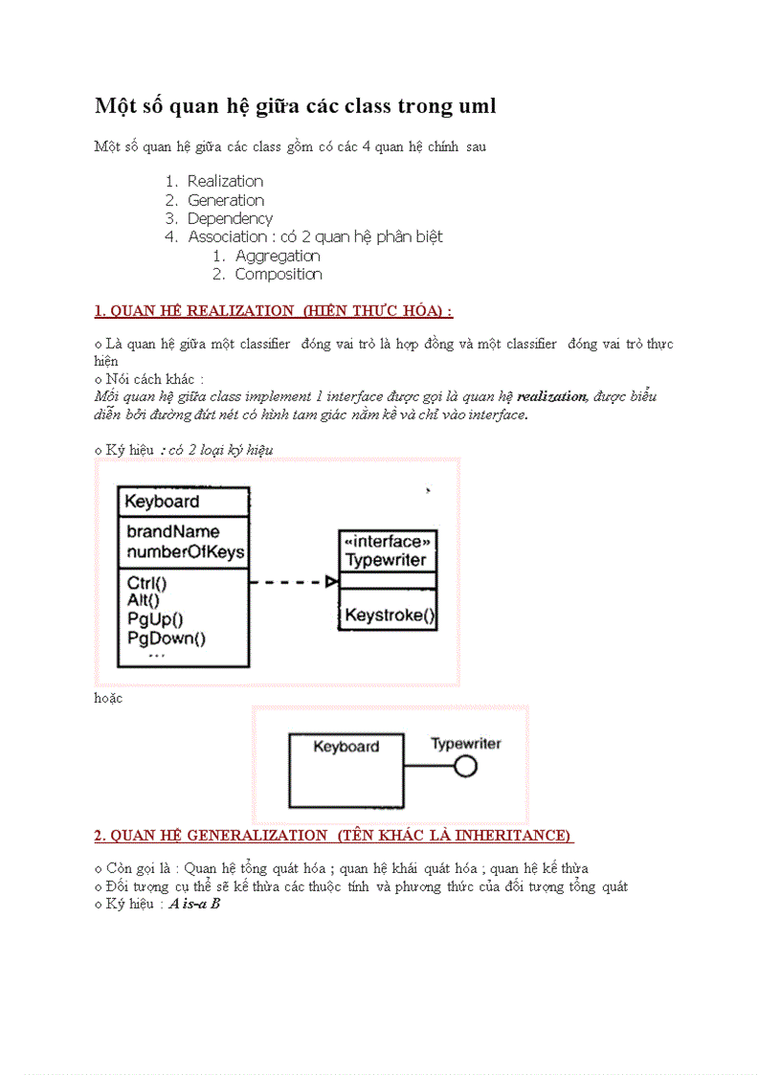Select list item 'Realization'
click(225, 181)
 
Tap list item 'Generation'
click(226, 200)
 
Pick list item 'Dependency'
click(230, 218)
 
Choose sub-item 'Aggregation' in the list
click(278, 256)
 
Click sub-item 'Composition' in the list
click(279, 274)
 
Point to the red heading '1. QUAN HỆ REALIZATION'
click(273, 311)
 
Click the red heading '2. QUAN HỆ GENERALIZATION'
click(333, 836)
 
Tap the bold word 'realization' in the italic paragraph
click(551, 396)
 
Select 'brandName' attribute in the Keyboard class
click(172, 531)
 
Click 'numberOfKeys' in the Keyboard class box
click(185, 551)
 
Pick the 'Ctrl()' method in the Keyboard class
click(146, 582)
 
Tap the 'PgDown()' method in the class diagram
click(166, 638)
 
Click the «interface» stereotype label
click(387, 542)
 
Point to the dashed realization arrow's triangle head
click(331, 581)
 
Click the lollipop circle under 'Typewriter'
click(465, 766)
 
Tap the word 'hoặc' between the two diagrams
click(108, 698)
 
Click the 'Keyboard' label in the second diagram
click(346, 747)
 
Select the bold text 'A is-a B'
click(194, 903)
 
